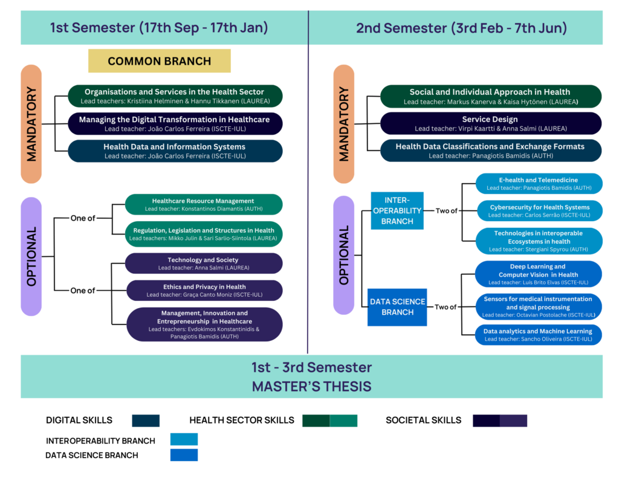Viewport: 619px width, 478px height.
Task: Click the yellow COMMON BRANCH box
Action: pyautogui.click(x=160, y=61)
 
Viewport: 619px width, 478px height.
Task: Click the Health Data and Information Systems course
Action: pyautogui.click(x=175, y=151)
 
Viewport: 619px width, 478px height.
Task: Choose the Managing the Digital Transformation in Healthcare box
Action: pyautogui.click(x=175, y=124)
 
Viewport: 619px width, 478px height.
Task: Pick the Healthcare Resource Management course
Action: pyautogui.click(x=203, y=204)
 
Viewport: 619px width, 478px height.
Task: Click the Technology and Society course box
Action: pyautogui.click(x=203, y=263)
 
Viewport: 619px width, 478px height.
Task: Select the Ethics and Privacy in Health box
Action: pyautogui.click(x=203, y=291)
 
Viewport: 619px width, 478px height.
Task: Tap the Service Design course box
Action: pyautogui.click(x=490, y=124)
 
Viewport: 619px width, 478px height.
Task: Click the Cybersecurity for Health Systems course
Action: pyautogui.click(x=539, y=211)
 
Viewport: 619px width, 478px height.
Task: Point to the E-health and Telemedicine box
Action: pyautogui.click(x=539, y=184)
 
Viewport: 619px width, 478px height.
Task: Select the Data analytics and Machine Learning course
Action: pyautogui.click(x=539, y=335)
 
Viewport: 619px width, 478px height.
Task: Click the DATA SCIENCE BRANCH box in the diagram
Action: pyautogui.click(x=397, y=307)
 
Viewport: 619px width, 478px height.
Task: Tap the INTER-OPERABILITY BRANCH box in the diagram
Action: pyautogui.click(x=397, y=210)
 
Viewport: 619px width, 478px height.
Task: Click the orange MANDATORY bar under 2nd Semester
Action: pyautogui.click(x=344, y=124)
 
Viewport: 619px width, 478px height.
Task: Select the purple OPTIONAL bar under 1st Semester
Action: pyautogui.click(x=31, y=256)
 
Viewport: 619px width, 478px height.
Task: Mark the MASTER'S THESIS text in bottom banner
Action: pyautogui.click(x=311, y=386)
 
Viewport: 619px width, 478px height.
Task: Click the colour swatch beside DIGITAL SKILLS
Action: pyautogui.click(x=145, y=421)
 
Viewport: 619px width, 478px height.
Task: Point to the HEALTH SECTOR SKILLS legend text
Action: pyautogui.click(x=242, y=421)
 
